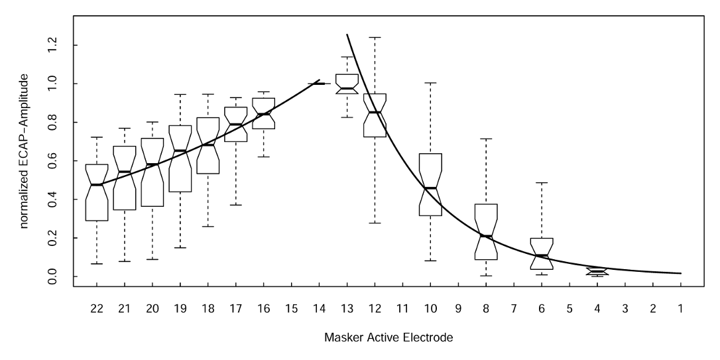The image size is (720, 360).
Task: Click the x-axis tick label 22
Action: point(97,308)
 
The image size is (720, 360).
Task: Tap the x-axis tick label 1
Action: point(680,308)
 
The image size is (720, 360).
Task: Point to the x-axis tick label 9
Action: point(457,308)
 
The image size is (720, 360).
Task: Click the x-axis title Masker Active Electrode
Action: point(389,338)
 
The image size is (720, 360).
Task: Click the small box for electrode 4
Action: point(597,271)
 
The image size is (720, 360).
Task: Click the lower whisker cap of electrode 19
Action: point(180,247)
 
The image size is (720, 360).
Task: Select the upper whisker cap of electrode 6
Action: point(541,182)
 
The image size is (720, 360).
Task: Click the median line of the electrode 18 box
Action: point(208,145)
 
